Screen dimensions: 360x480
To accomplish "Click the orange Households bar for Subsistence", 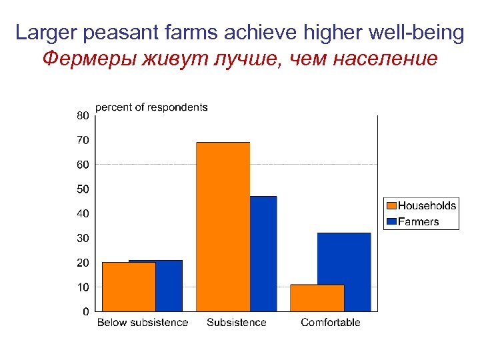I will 223,227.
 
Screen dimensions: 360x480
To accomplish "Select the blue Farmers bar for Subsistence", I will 263,253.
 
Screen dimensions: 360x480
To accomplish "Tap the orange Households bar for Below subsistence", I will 129,287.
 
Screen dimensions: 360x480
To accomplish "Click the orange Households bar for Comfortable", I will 317,298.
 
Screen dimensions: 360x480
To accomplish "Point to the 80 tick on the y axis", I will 82,115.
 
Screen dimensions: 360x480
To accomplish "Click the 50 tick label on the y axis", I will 82,189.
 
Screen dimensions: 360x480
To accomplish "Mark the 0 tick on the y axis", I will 85,311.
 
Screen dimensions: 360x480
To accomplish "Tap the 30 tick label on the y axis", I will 82,238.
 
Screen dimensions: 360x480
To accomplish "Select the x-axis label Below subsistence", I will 143,323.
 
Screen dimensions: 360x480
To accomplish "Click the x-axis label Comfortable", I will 331,323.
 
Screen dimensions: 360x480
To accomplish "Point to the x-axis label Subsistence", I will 237,323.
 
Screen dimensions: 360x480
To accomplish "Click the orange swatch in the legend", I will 391,206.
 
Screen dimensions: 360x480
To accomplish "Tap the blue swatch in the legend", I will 391,221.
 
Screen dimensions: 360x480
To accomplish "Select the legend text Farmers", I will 418,221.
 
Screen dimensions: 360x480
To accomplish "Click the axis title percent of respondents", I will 151,107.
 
